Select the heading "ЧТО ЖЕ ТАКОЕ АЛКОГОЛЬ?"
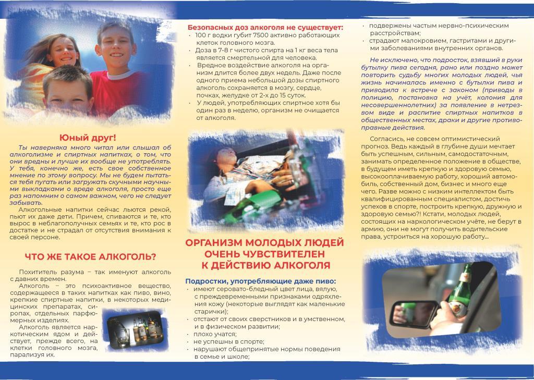(x=91, y=256)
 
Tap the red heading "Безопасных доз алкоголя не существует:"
(x=265, y=27)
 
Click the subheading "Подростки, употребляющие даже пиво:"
(x=261, y=281)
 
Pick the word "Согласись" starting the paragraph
(x=386, y=139)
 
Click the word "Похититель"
(x=37, y=272)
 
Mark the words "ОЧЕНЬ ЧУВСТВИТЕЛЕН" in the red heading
(x=264, y=254)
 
